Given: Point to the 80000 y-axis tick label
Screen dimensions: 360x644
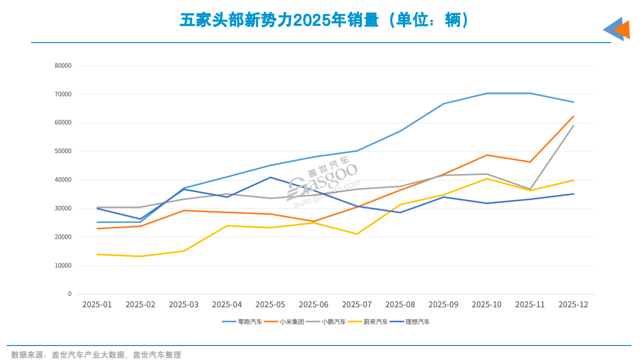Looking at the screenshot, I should [x=63, y=65].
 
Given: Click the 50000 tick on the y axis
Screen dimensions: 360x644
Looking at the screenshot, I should [x=63, y=151].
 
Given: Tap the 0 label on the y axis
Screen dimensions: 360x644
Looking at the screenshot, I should [x=69, y=294].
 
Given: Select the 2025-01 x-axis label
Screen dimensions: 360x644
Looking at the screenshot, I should [x=97, y=305].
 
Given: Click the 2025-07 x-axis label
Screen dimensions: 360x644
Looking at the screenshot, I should [x=357, y=305].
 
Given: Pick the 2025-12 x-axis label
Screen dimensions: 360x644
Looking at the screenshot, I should [x=573, y=305].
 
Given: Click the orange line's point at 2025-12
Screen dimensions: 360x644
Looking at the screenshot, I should [x=573, y=116].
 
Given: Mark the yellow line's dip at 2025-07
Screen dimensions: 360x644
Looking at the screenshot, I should [x=357, y=234].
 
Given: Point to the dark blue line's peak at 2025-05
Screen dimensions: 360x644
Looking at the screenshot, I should [x=270, y=177].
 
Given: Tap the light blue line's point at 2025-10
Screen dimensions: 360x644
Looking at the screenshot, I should [x=487, y=94].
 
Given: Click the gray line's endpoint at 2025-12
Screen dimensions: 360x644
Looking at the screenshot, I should [x=573, y=126].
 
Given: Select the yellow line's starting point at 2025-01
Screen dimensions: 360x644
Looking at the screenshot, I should [x=97, y=254].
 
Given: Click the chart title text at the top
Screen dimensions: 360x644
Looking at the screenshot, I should [x=324, y=20].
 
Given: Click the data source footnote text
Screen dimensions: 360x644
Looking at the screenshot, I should [x=96, y=355].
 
